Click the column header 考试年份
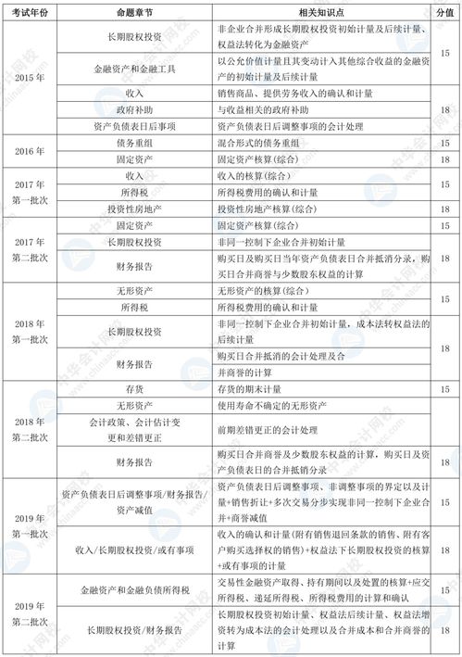(x=29, y=13)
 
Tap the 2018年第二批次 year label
(x=29, y=427)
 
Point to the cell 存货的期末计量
(x=251, y=389)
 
